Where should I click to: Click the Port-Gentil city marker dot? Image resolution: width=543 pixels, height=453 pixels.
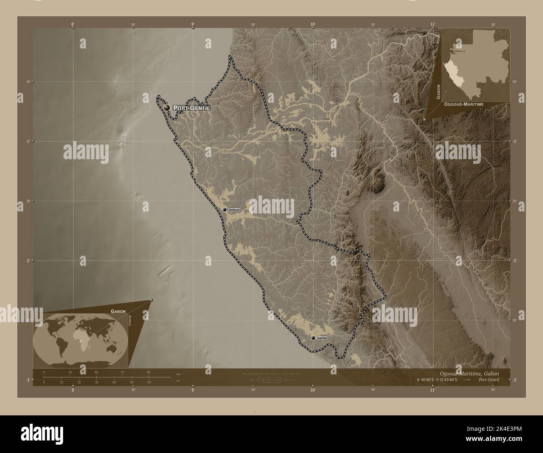[x=167, y=108]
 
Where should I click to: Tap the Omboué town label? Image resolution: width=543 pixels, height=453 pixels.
[x=235, y=210]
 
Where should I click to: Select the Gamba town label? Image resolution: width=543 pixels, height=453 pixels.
[x=322, y=338]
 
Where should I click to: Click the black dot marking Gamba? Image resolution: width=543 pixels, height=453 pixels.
[x=313, y=338]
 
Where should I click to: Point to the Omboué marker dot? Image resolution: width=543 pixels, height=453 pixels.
[x=225, y=209]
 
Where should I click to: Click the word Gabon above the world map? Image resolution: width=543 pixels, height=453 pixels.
[x=119, y=311]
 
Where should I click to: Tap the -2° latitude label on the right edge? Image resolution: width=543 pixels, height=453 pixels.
[x=515, y=260]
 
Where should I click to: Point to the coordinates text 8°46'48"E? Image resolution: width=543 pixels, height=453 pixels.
[x=430, y=380]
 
